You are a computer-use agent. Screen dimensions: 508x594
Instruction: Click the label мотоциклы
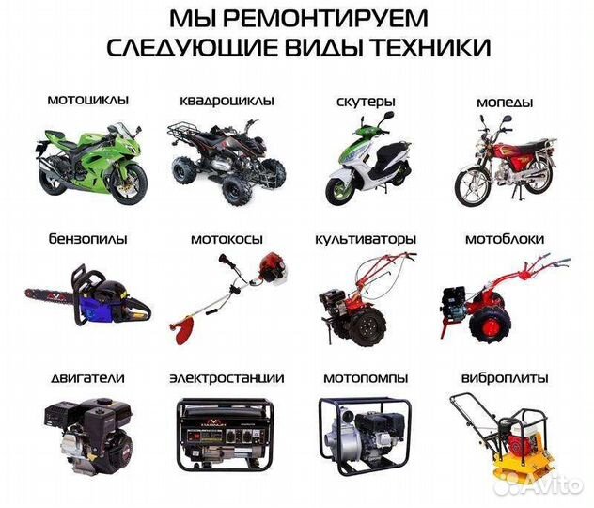pyautogui.click(x=87, y=99)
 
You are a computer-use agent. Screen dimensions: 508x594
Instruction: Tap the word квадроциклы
pyautogui.click(x=227, y=100)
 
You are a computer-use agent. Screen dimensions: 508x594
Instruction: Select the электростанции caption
pyautogui.click(x=227, y=378)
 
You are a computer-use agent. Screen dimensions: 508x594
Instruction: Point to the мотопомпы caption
pyautogui.click(x=366, y=378)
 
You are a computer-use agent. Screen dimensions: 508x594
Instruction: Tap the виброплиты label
pyautogui.click(x=505, y=378)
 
